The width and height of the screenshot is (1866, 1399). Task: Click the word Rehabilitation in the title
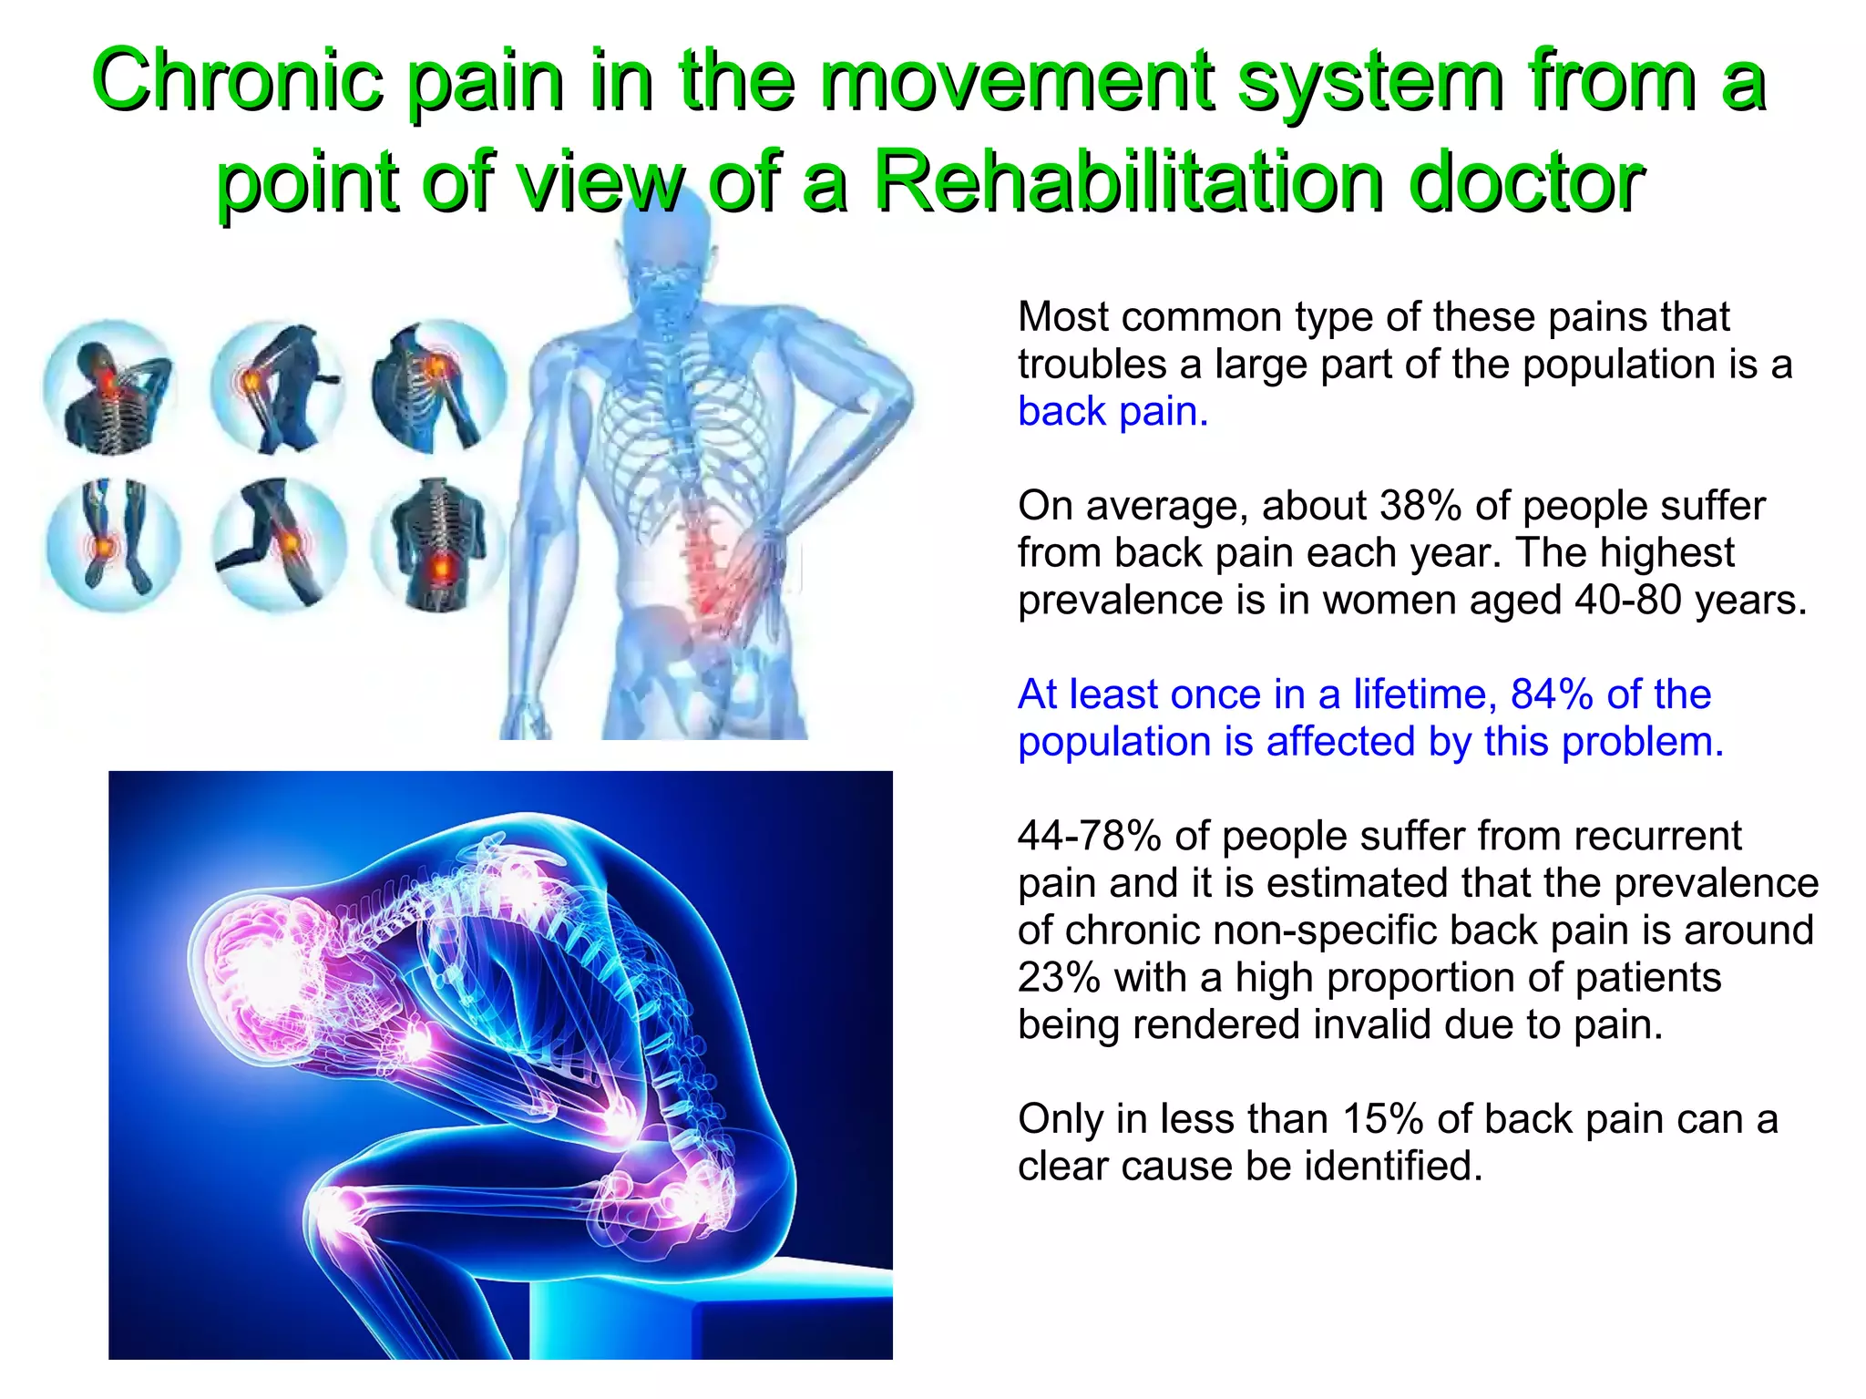tap(1130, 180)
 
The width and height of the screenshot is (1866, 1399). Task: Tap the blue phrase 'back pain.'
tap(1112, 412)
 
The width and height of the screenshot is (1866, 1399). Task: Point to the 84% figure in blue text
tap(1551, 694)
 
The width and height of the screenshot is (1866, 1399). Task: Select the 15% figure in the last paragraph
tap(1382, 1119)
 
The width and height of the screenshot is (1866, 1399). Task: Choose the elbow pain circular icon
tap(276, 386)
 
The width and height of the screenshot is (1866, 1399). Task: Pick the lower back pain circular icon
tap(438, 544)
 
